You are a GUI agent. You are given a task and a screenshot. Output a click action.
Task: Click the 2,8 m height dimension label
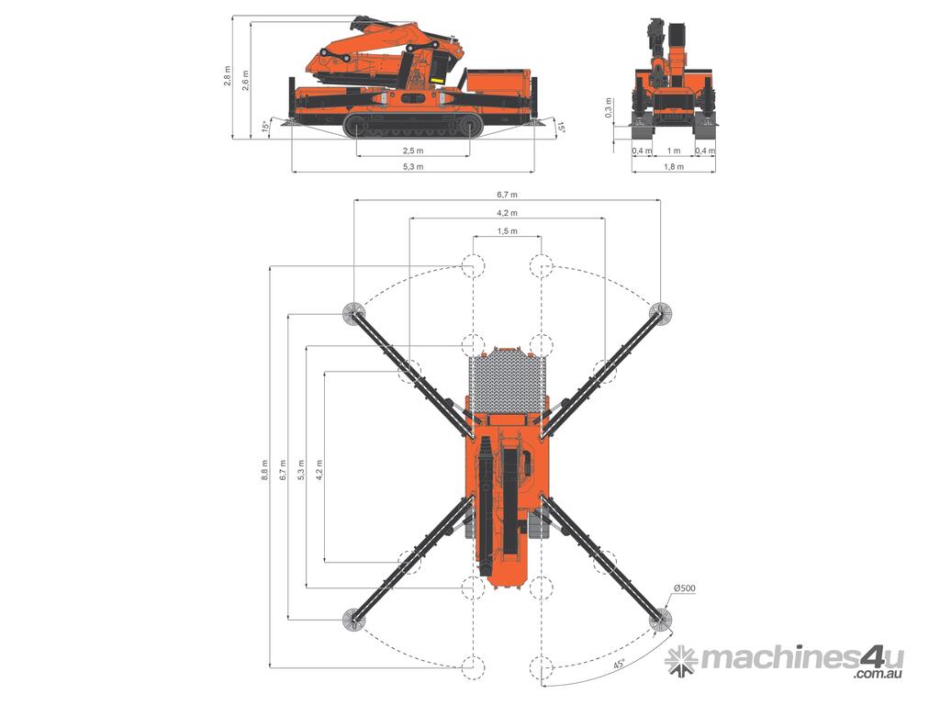pos(228,75)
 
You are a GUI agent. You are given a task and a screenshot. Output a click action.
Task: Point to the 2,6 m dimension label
pos(244,81)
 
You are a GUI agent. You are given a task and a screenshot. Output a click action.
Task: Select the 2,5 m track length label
pos(412,150)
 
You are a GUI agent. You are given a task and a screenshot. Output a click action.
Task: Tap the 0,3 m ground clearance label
pos(609,108)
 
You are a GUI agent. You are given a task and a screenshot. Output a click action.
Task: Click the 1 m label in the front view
pos(674,151)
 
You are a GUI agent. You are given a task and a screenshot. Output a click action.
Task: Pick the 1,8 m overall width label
pos(674,167)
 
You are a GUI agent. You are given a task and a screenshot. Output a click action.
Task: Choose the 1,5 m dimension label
pos(507,230)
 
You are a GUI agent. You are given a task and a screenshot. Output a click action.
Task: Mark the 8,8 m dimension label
pos(264,471)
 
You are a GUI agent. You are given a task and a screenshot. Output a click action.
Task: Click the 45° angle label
pos(618,665)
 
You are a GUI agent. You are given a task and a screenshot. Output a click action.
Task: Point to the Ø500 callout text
pos(684,588)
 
